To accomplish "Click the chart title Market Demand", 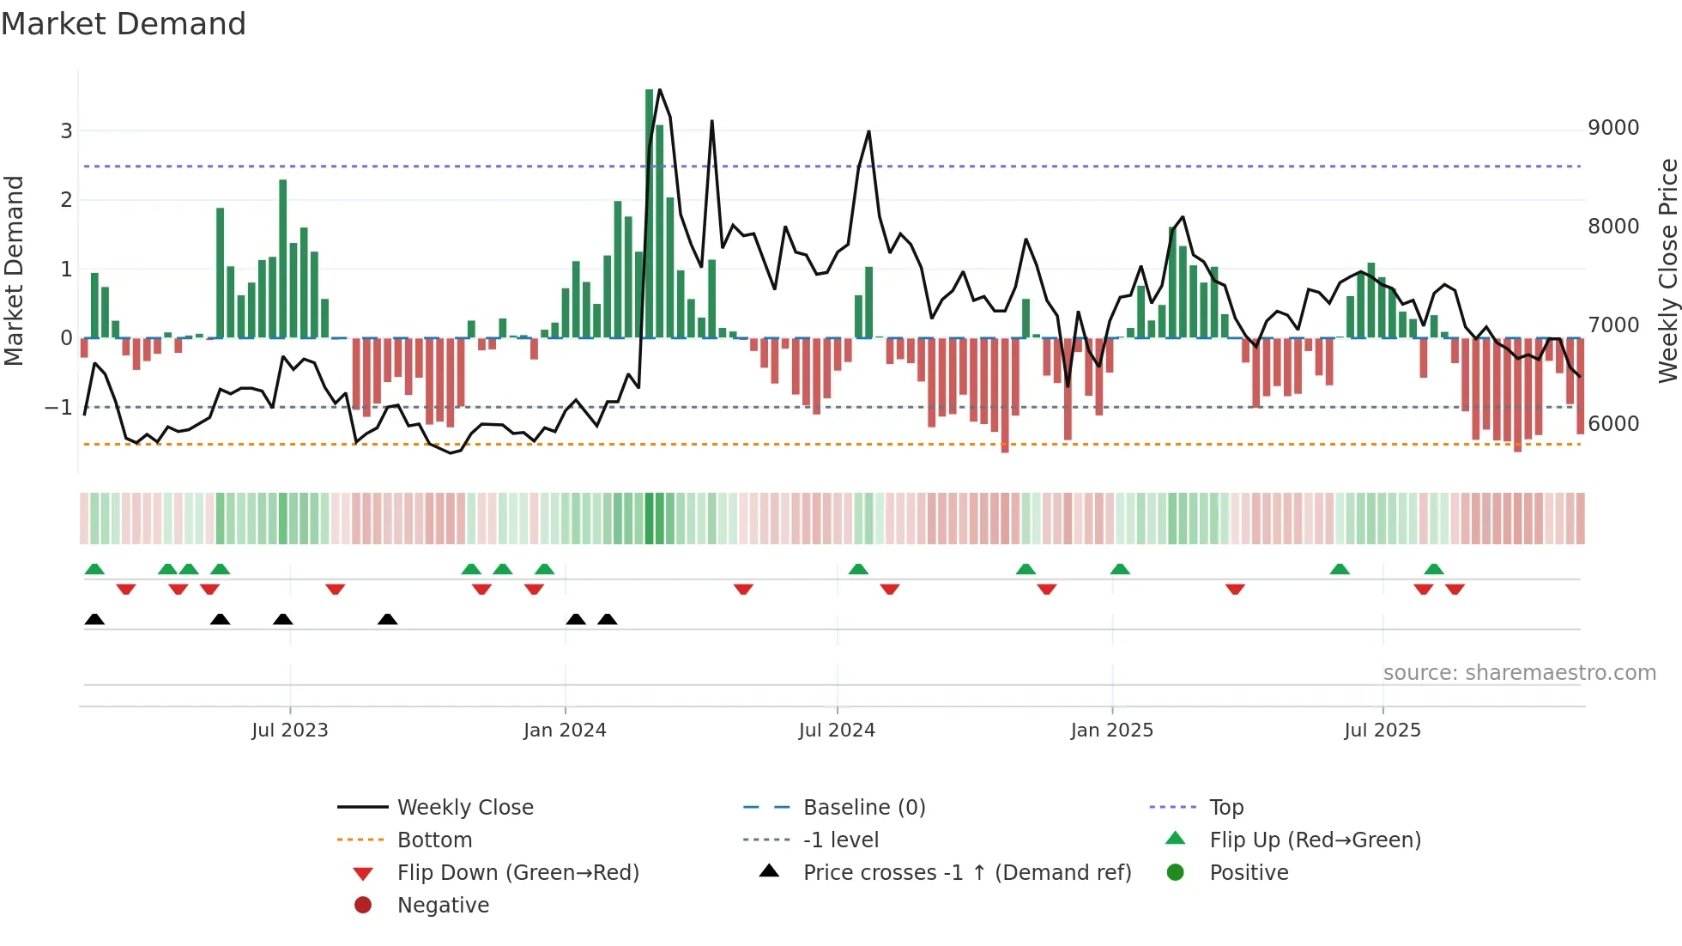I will [124, 24].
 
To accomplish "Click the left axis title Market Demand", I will [14, 270].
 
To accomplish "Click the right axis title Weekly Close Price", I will [1667, 270].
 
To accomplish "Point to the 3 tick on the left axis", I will [66, 131].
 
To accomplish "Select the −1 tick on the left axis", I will [59, 407].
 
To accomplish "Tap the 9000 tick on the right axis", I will [1613, 128].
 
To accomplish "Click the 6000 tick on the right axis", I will [1613, 423].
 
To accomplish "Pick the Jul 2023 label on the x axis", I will [290, 731].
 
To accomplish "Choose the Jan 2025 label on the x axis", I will [1112, 731].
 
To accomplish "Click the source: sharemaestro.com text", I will [1519, 673].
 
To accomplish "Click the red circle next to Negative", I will [363, 906].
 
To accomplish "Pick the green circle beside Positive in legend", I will [1176, 873].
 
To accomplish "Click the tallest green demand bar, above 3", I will [650, 215].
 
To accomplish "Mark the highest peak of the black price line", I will [659, 90].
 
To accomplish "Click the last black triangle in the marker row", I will [608, 620].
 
